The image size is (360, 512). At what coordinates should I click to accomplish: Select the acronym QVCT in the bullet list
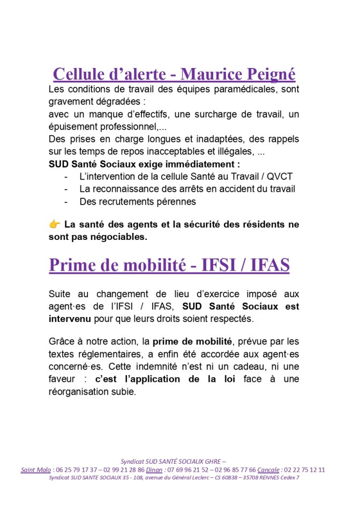click(x=280, y=176)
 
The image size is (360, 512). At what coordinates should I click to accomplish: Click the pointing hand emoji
click(x=54, y=224)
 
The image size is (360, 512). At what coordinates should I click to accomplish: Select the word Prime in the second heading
click(x=72, y=265)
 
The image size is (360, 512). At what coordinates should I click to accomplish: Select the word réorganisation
click(x=82, y=391)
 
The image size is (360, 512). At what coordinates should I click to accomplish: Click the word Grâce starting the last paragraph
click(x=62, y=341)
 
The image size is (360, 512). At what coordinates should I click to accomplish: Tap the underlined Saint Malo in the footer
click(x=36, y=470)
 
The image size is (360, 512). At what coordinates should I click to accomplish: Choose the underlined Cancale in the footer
click(x=268, y=470)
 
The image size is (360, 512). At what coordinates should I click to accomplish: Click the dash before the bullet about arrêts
click(x=66, y=189)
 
